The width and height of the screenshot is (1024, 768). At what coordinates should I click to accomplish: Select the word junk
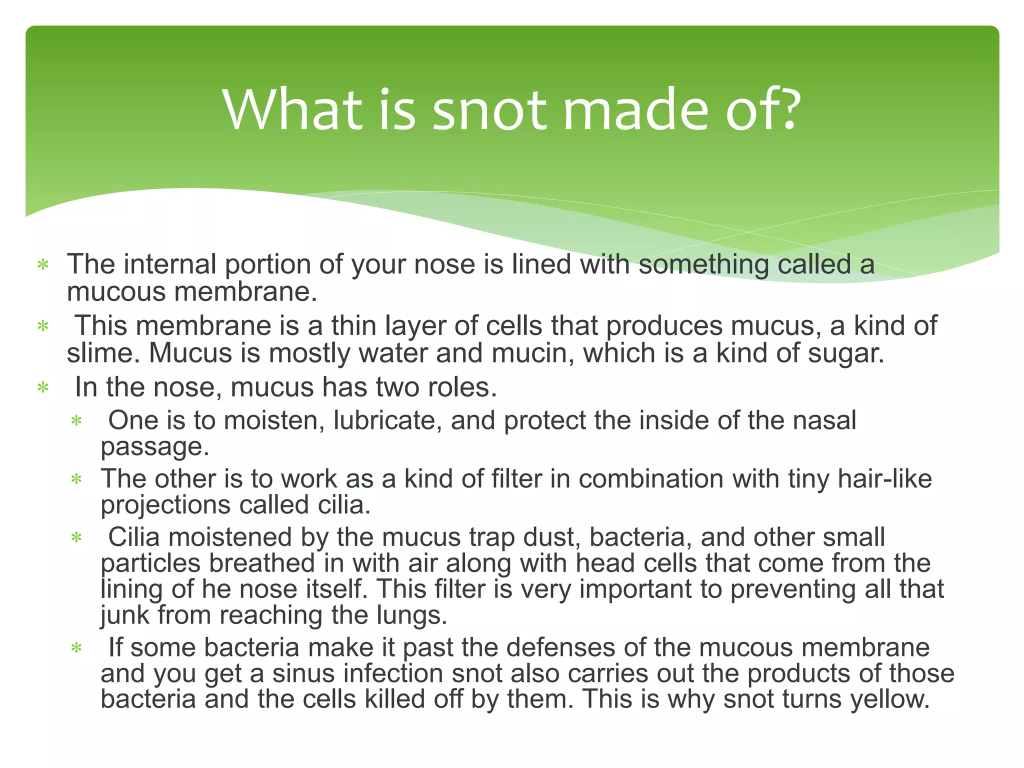click(124, 615)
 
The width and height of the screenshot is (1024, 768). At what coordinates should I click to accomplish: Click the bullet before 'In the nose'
click(43, 388)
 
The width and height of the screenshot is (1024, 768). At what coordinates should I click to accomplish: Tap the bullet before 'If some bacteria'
click(76, 648)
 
